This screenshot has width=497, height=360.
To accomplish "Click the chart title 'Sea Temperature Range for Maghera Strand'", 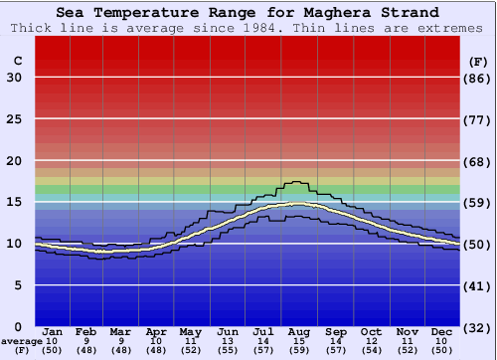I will tap(248, 13).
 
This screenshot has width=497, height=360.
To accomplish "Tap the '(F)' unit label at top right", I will tap(478, 62).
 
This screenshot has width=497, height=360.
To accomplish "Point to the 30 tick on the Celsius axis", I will tap(15, 78).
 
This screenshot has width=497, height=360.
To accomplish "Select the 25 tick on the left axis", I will tap(15, 119).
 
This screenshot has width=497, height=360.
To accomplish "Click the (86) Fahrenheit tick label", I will tap(478, 78).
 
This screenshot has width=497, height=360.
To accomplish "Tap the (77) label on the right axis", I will tap(478, 119).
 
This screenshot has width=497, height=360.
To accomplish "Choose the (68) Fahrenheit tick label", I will tap(478, 161).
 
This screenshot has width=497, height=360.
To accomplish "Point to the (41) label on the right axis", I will tap(478, 285).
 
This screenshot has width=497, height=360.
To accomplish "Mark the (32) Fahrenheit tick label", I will tap(478, 327).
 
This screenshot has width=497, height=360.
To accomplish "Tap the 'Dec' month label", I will tap(442, 331).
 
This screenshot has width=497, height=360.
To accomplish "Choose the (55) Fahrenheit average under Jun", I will tap(228, 350).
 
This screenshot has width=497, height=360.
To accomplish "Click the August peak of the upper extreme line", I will tap(296, 182).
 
